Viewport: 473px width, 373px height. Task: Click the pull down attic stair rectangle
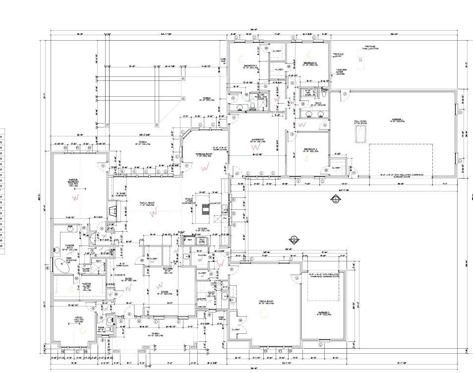click(x=360, y=133)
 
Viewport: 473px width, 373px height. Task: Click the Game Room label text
click(x=258, y=140)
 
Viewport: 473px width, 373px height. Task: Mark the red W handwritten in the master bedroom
click(x=76, y=197)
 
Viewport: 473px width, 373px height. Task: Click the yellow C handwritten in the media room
click(x=263, y=313)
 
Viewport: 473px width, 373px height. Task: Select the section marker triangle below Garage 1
click(x=336, y=200)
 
